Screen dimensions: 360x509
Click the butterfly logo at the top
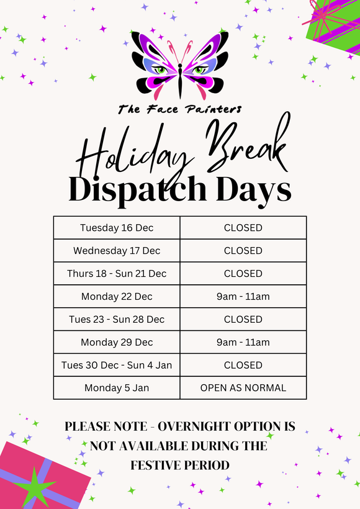pos(180,66)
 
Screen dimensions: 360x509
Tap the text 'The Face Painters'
pos(180,109)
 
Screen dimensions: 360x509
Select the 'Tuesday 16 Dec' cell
pos(117,228)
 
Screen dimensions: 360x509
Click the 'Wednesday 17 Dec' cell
pos(117,251)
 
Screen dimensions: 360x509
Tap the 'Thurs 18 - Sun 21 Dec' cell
pos(117,273)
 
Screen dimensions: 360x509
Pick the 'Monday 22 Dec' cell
pos(117,296)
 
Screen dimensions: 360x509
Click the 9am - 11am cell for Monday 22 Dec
pos(243,296)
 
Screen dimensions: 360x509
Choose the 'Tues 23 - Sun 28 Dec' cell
pos(117,319)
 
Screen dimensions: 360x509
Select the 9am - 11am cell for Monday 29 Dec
pos(243,342)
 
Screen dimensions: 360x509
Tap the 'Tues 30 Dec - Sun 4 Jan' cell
pos(117,365)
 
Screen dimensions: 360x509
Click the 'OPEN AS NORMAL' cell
pos(243,388)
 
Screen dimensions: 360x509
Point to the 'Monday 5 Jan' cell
pos(117,388)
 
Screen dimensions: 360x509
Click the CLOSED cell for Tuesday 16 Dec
pos(243,228)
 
